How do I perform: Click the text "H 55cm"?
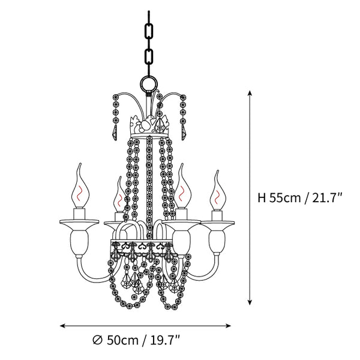coord(279,197)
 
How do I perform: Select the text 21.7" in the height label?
coord(327,197)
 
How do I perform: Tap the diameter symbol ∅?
coord(97,340)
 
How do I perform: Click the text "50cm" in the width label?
coord(122,340)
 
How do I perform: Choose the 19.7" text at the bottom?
coord(165,340)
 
